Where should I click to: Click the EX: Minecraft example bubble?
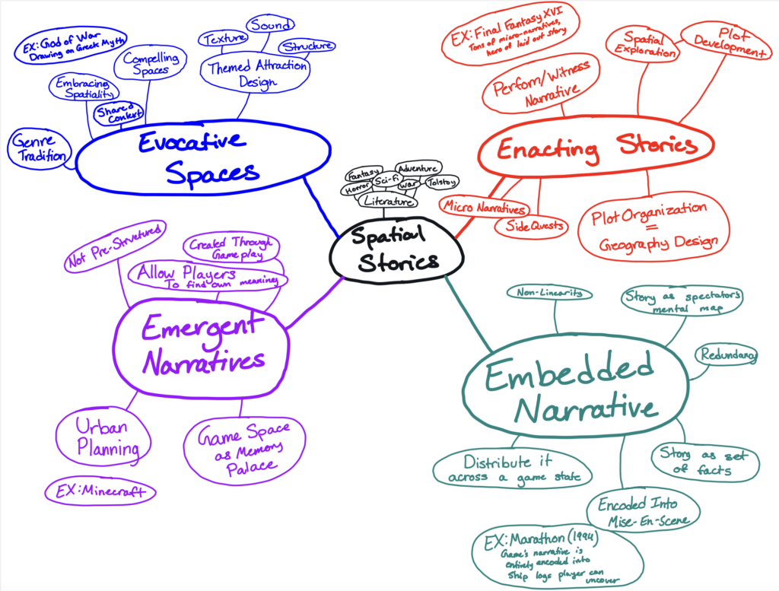coord(100,491)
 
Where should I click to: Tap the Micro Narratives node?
coord(484,207)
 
